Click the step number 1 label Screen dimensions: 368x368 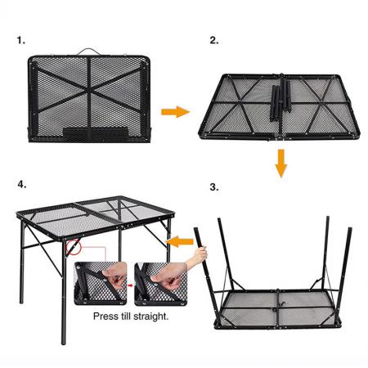(20, 38)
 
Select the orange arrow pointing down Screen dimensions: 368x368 (280, 163)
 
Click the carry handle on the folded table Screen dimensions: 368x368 (88, 52)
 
